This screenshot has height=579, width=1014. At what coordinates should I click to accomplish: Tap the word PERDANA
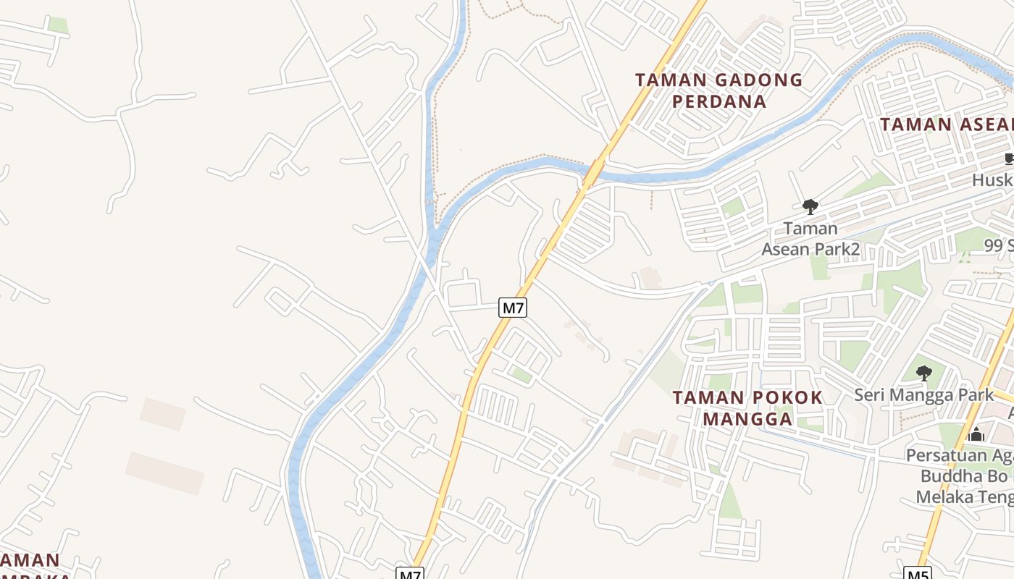click(719, 101)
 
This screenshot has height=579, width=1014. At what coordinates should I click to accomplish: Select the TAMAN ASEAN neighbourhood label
click(946, 124)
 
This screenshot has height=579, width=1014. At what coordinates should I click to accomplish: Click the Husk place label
click(992, 179)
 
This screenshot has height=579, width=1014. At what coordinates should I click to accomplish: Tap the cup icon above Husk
click(1009, 159)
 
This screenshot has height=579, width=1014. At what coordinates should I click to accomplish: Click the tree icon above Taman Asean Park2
click(810, 208)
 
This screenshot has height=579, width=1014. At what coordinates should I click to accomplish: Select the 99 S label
click(999, 246)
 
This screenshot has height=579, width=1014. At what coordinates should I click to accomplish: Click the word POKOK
click(786, 397)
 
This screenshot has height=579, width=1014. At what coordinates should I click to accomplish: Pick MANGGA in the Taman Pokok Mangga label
click(747, 419)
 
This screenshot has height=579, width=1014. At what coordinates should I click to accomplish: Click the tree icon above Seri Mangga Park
click(923, 373)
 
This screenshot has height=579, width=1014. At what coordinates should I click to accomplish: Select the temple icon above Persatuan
click(976, 434)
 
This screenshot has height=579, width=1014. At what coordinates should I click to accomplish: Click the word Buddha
click(947, 476)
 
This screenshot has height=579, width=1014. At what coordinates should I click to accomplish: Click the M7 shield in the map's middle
click(513, 308)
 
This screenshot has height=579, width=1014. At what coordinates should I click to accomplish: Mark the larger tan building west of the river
click(164, 473)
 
